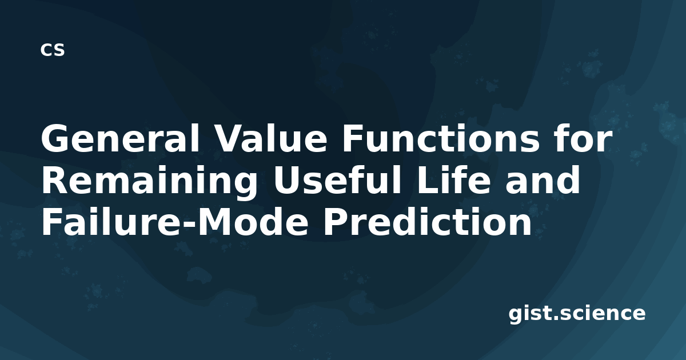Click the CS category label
pos(53,50)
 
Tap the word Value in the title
pos(271,138)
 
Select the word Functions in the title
pos(441,138)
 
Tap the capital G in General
pos(55,138)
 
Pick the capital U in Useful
pos(287,180)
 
